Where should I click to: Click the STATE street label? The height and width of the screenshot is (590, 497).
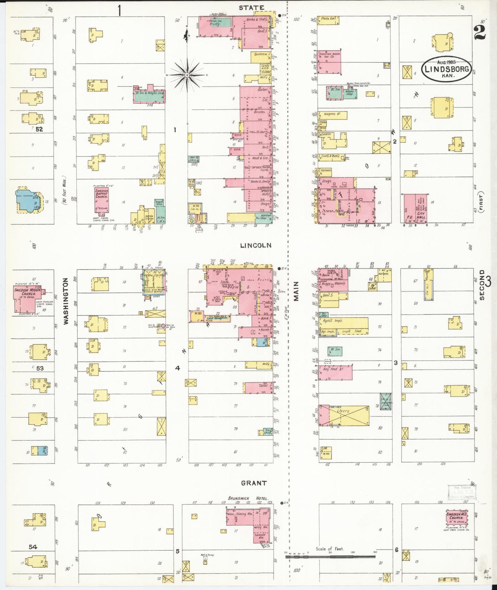click(251, 8)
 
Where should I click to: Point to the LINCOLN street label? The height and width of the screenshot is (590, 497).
click(256, 245)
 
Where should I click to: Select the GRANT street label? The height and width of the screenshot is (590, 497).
click(253, 483)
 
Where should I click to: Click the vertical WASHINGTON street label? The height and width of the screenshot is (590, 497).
click(66, 301)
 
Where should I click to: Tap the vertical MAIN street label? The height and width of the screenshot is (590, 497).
click(296, 291)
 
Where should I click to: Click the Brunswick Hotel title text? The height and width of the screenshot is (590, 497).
click(248, 498)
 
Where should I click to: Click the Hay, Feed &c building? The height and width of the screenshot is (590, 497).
click(335, 372)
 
